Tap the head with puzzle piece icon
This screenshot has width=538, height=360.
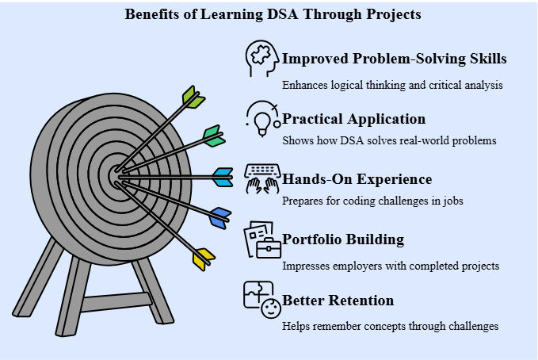point(262,59)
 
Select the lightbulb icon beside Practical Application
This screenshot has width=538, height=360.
point(263,119)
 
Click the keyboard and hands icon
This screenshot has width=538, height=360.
point(262,178)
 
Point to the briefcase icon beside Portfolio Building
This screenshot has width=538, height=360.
point(269,248)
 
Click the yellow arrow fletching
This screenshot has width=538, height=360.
point(204,259)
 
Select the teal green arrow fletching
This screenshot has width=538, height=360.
point(214,136)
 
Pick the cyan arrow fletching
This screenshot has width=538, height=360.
point(223,178)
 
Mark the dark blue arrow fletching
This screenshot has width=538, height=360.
point(220,218)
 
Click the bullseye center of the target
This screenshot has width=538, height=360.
point(116,177)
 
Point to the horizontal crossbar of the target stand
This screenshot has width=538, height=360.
point(116,302)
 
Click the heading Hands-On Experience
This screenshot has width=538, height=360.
point(357,179)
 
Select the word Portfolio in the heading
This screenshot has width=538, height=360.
point(311,239)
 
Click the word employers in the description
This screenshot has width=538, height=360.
point(357,266)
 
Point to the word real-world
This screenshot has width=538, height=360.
point(425,140)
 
